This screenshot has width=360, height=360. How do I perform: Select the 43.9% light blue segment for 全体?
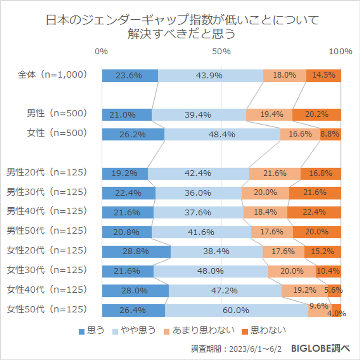tap(210, 76)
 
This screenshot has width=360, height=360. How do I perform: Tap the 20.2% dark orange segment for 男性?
tap(317, 115)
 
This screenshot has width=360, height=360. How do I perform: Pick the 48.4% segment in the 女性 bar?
tap(222, 134)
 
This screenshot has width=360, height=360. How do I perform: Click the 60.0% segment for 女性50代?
tap(236, 310)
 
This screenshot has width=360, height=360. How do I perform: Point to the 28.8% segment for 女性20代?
tap(136, 252)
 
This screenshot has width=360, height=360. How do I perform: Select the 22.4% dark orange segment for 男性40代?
tap(314, 212)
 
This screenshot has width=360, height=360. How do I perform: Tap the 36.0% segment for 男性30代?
tap(198, 193)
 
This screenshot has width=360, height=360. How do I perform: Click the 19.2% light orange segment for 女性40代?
tap(305, 290)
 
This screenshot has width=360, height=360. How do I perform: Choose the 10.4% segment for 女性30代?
tap(328, 271)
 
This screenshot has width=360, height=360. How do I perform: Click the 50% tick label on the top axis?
tap(221, 51)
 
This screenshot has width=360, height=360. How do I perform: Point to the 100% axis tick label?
tap(340, 51)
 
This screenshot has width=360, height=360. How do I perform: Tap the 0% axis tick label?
tap(102, 51)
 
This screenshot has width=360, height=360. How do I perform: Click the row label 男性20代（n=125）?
tap(47, 172)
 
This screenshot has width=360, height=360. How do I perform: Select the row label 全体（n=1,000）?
tap(53, 74)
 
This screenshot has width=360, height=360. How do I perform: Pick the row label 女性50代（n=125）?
tap(47, 309)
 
